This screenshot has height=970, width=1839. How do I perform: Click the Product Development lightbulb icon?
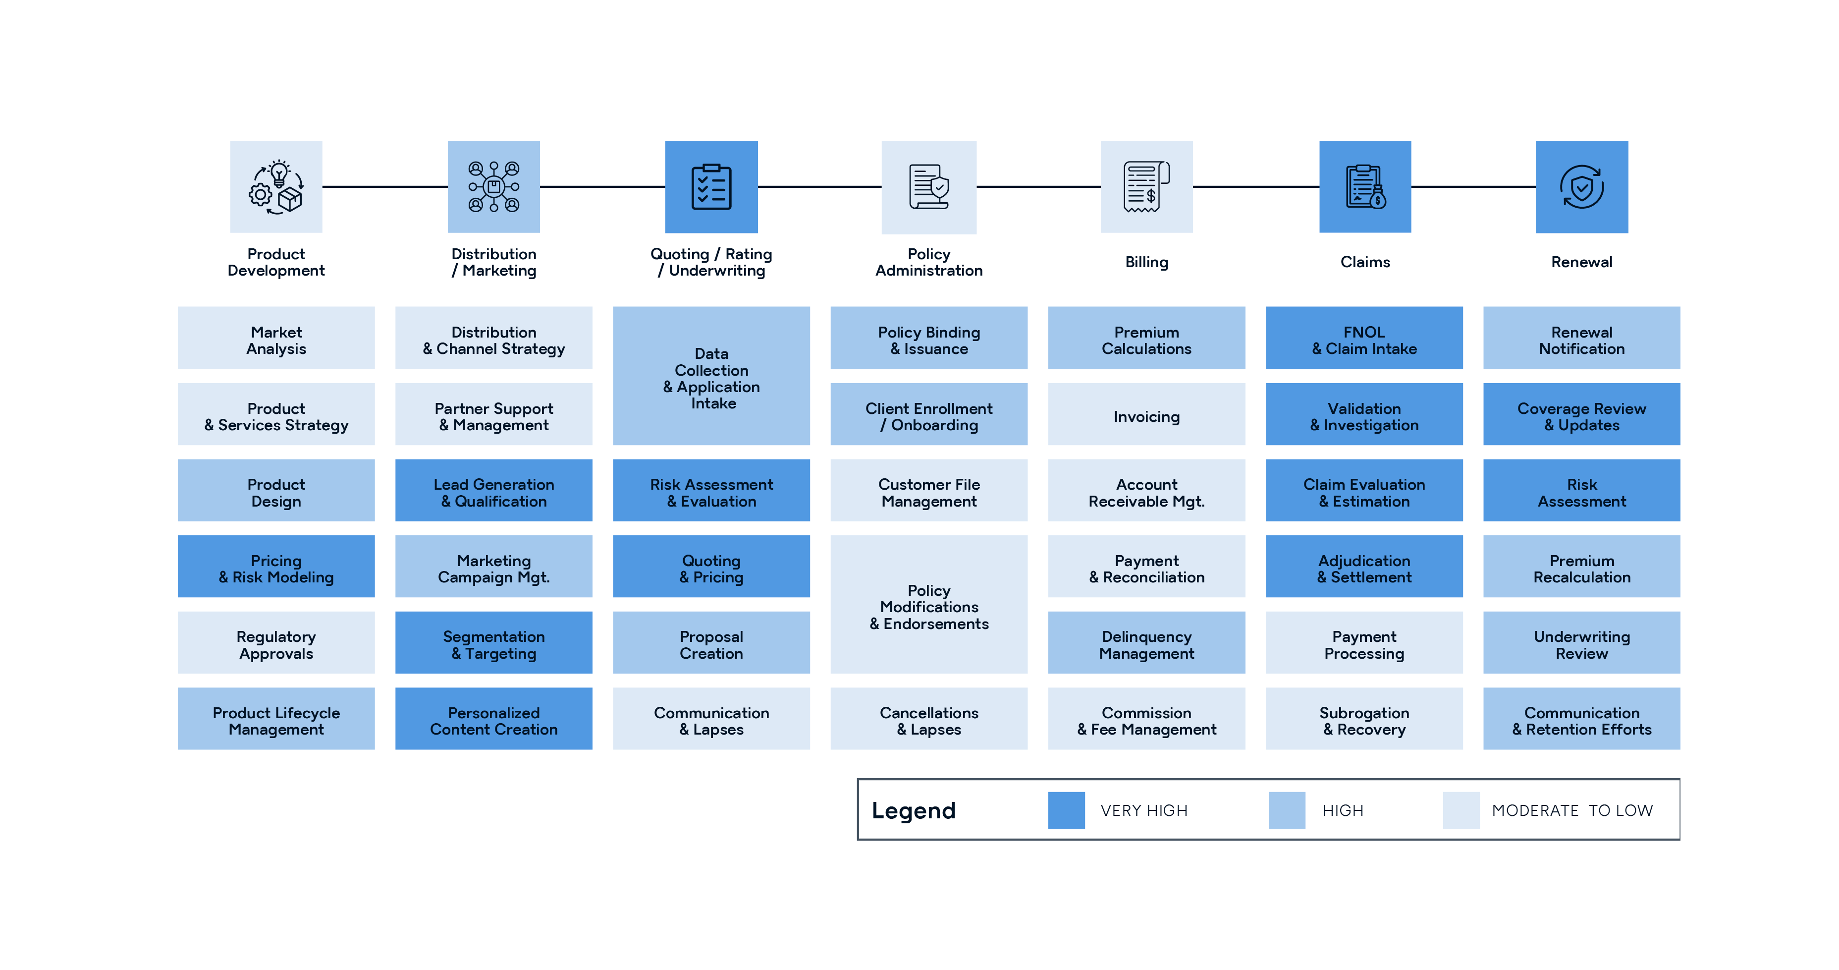[276, 186]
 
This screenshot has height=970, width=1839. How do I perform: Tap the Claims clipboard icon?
[1365, 186]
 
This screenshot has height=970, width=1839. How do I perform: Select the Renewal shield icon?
[1581, 186]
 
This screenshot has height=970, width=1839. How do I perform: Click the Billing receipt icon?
[1146, 186]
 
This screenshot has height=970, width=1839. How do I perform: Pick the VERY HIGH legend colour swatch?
[1066, 810]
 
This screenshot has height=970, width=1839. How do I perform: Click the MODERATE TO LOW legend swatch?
[1460, 810]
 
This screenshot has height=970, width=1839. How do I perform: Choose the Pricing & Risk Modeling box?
[276, 569]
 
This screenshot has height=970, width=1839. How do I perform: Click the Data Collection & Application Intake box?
[711, 377]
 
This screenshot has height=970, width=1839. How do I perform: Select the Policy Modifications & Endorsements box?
[929, 606]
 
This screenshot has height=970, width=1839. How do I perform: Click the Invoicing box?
[1146, 416]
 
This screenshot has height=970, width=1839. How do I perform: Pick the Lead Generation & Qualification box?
[493, 492]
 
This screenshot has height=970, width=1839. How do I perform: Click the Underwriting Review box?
[1581, 644]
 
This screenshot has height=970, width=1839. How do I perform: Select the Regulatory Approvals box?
[276, 644]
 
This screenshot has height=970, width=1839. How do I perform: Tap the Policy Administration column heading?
[929, 262]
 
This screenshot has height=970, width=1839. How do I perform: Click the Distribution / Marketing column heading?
[493, 262]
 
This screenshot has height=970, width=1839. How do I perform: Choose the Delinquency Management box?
[1146, 644]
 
